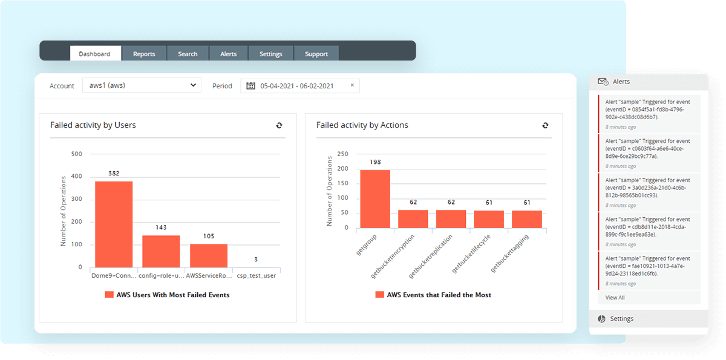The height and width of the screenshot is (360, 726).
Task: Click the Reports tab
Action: click(x=144, y=54)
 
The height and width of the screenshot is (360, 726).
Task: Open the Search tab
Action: click(x=188, y=54)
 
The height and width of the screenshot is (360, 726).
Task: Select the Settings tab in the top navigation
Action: click(x=270, y=54)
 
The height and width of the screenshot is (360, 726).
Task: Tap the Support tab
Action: click(x=316, y=54)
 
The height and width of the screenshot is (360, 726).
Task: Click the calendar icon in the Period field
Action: click(x=250, y=86)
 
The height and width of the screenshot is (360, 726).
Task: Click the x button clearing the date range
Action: click(x=352, y=85)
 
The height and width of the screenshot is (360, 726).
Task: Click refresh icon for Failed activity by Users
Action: click(x=279, y=125)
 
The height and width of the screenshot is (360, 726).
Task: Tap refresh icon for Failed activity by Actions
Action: click(x=545, y=125)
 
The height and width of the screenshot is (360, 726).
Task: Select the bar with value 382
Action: click(x=114, y=224)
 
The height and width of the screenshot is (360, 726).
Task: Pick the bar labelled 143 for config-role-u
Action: click(x=161, y=251)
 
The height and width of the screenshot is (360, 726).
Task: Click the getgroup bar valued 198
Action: click(x=375, y=198)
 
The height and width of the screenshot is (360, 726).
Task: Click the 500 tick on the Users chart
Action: click(x=77, y=154)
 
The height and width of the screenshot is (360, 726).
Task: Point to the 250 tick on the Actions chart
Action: click(x=342, y=154)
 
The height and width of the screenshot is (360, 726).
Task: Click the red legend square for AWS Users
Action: click(x=109, y=295)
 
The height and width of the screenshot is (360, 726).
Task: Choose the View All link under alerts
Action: click(x=615, y=298)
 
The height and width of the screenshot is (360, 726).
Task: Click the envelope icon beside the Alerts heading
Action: click(x=603, y=81)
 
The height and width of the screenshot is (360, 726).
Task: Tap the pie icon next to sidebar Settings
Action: click(x=602, y=319)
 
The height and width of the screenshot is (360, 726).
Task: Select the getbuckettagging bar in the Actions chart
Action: click(x=527, y=219)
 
